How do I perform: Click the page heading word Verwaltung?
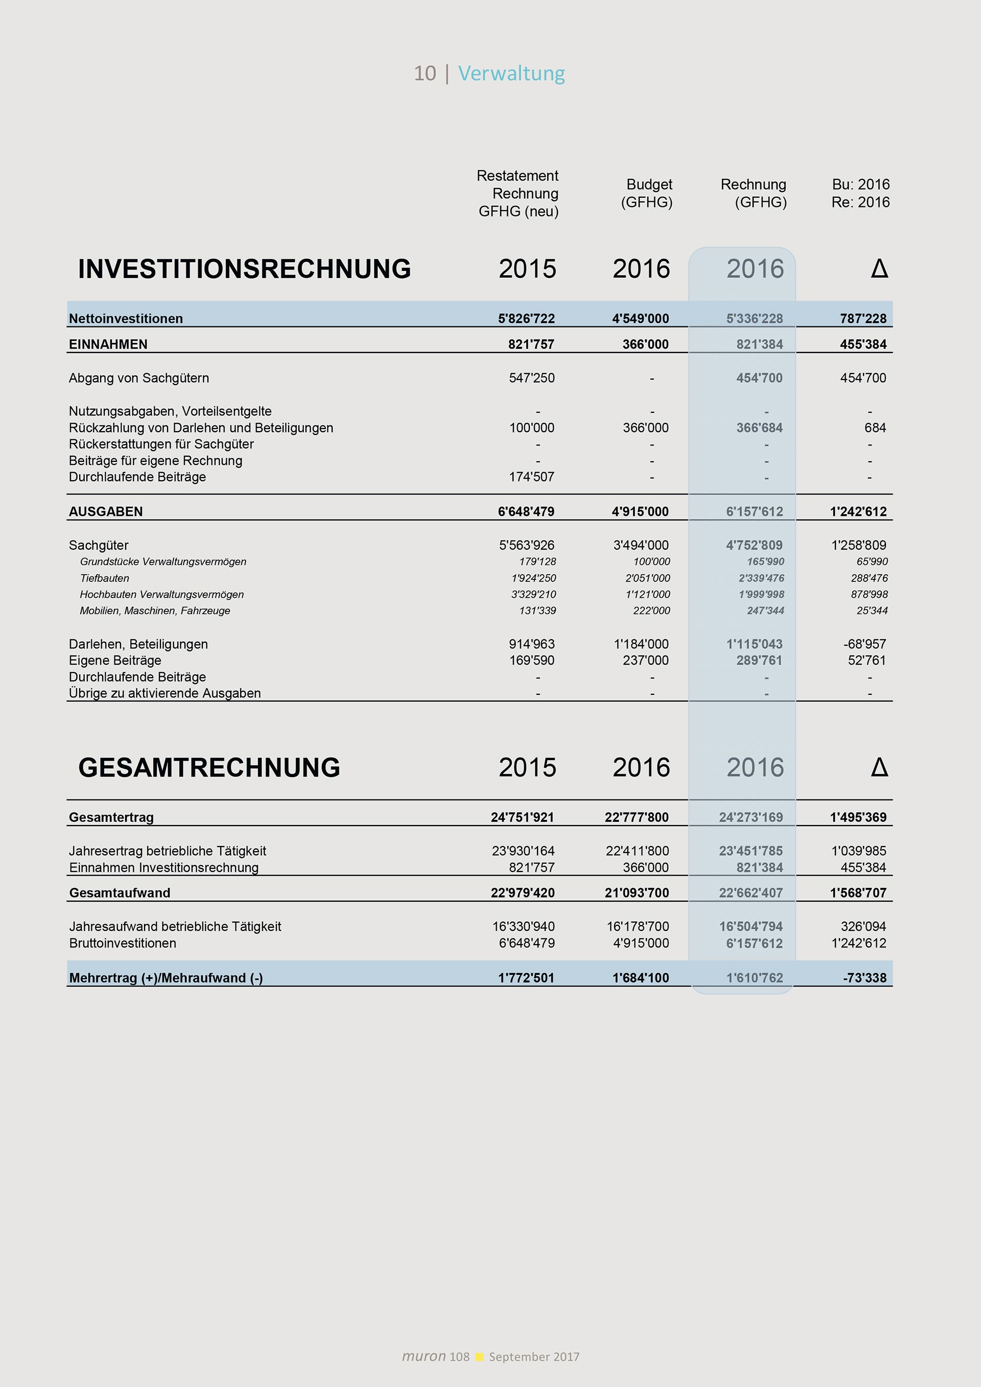coord(511,73)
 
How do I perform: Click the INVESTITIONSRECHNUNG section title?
coord(244,269)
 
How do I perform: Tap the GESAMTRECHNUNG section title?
coord(209,767)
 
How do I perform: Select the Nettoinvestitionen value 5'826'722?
coord(526,318)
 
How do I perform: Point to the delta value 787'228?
coord(862,318)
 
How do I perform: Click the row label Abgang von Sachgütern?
coord(139,378)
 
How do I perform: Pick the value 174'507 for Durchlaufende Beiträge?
coord(531,477)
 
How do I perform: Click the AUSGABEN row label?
coord(106,512)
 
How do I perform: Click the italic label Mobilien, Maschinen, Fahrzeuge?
coord(155,610)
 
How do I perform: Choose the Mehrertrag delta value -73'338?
coord(865,978)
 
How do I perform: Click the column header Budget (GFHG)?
coord(647,193)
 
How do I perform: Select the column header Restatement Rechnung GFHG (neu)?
coord(518,193)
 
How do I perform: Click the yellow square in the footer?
coord(479,1357)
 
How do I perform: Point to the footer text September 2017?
coord(534,1357)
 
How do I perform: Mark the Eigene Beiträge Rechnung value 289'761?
coord(759,660)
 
